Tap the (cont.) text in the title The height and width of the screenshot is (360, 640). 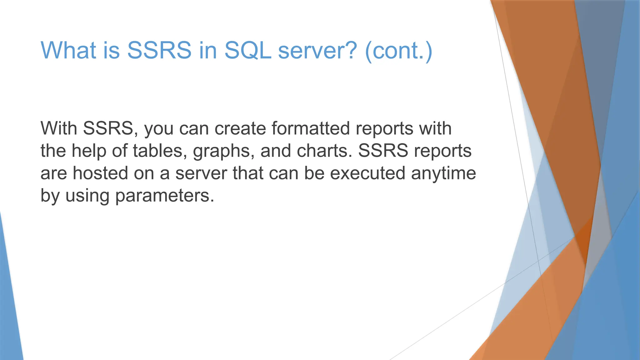click(x=398, y=51)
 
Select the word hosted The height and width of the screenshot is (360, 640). click(x=100, y=173)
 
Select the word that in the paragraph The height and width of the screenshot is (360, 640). click(x=248, y=173)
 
